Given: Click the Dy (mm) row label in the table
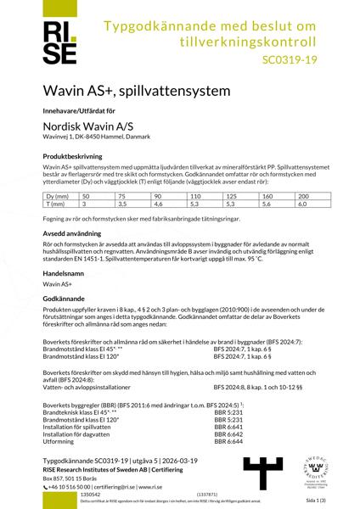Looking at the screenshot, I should click(x=57, y=196).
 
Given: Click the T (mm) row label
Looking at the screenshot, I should click(x=55, y=204).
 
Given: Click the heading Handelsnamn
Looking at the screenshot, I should click(x=64, y=284).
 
